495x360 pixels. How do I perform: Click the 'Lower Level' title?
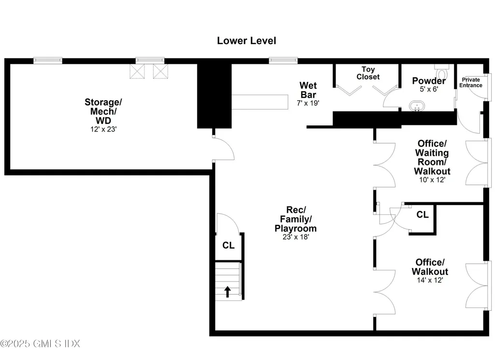[247, 41]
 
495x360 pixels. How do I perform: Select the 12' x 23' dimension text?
[102, 129]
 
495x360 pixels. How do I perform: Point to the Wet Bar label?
[308, 90]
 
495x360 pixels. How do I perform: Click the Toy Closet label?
[368, 73]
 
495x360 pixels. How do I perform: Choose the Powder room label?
[429, 81]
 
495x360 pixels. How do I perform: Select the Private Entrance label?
[470, 82]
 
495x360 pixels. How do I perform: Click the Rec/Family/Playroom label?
[296, 219]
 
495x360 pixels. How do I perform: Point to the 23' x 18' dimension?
[296, 237]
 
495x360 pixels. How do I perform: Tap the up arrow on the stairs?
[227, 291]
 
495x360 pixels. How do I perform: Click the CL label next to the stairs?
[228, 245]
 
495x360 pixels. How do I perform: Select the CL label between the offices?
[422, 214]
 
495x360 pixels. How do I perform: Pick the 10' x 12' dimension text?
[432, 180]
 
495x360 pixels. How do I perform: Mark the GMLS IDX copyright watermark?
[41, 344]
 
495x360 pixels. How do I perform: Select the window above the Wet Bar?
[283, 60]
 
